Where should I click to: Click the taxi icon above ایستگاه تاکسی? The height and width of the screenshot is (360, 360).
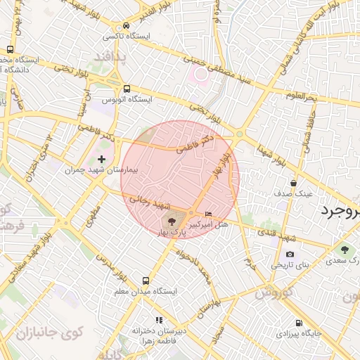click(x=127, y=24)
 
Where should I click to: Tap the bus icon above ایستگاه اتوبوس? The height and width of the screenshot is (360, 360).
click(x=127, y=89)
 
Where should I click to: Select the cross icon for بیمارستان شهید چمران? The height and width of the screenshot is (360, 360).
click(x=103, y=159)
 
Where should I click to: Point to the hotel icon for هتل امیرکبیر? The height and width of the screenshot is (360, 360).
click(x=208, y=213)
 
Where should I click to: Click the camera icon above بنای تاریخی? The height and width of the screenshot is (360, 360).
click(x=290, y=254)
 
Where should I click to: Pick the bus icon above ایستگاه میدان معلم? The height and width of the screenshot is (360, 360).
click(x=146, y=280)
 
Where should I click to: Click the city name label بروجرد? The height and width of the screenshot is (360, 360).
click(x=340, y=210)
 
